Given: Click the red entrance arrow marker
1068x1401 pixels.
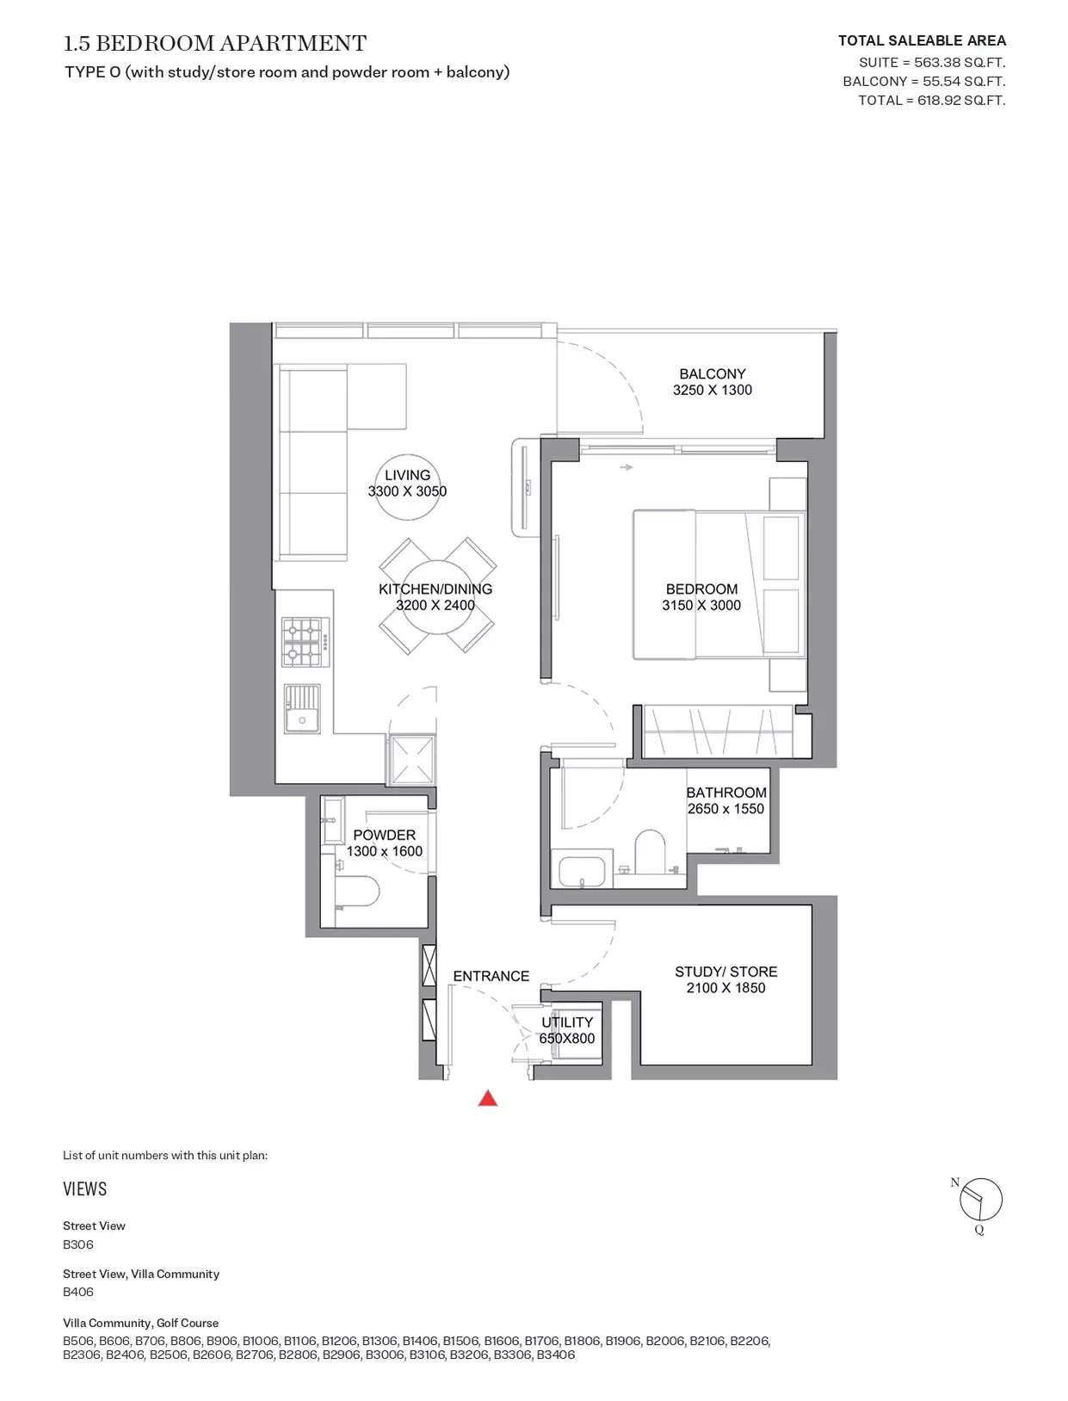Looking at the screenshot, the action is pos(487,1098).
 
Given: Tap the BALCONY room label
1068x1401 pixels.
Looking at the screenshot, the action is pos(712,373).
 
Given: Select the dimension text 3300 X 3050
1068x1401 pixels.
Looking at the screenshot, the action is pos(407,491).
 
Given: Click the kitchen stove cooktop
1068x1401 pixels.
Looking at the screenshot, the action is pos(306,641).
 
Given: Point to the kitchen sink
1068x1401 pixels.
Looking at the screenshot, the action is pos(302,708).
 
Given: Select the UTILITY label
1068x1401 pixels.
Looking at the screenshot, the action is pos(567,1021).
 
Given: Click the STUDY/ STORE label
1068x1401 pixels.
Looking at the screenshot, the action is pos(726,972).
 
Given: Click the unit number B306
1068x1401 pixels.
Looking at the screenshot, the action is pos(78,1244).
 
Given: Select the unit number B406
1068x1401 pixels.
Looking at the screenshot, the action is pos(78,1291).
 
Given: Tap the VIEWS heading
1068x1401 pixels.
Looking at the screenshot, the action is pos(85,1189).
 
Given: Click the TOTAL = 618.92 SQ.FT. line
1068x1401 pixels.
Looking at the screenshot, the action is pos(931,100).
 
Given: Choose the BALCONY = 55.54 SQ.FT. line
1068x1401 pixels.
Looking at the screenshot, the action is pos(923,81).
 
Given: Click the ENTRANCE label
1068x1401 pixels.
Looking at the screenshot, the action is pos(491,976).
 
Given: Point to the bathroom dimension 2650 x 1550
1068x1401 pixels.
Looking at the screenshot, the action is pos(725,809).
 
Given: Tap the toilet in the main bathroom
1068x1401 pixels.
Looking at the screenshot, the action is pos(650,851).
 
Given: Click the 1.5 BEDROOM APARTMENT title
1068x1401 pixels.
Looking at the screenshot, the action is pos(215,43).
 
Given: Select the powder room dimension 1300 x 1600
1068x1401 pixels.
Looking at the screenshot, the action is pos(384,851).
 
